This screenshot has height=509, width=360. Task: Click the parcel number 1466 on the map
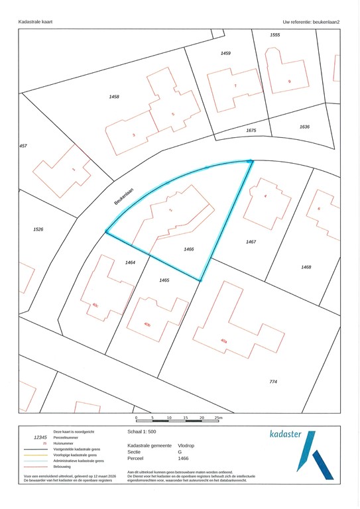188,249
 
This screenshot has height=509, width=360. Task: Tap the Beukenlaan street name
124,196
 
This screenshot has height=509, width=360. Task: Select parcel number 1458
114,97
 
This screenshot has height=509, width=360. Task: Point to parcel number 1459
225,53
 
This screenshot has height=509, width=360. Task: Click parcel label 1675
251,131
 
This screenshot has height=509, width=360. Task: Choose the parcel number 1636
304,127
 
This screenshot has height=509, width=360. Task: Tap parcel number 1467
251,242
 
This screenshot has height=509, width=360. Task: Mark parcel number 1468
306,267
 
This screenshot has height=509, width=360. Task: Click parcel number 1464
130,263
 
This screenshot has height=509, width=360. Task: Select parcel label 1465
164,280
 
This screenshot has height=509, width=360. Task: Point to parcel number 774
273,382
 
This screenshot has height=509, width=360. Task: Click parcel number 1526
38,229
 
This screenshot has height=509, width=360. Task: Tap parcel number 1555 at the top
275,34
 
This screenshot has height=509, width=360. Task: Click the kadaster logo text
286,435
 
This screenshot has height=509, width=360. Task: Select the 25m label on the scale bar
219,418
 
